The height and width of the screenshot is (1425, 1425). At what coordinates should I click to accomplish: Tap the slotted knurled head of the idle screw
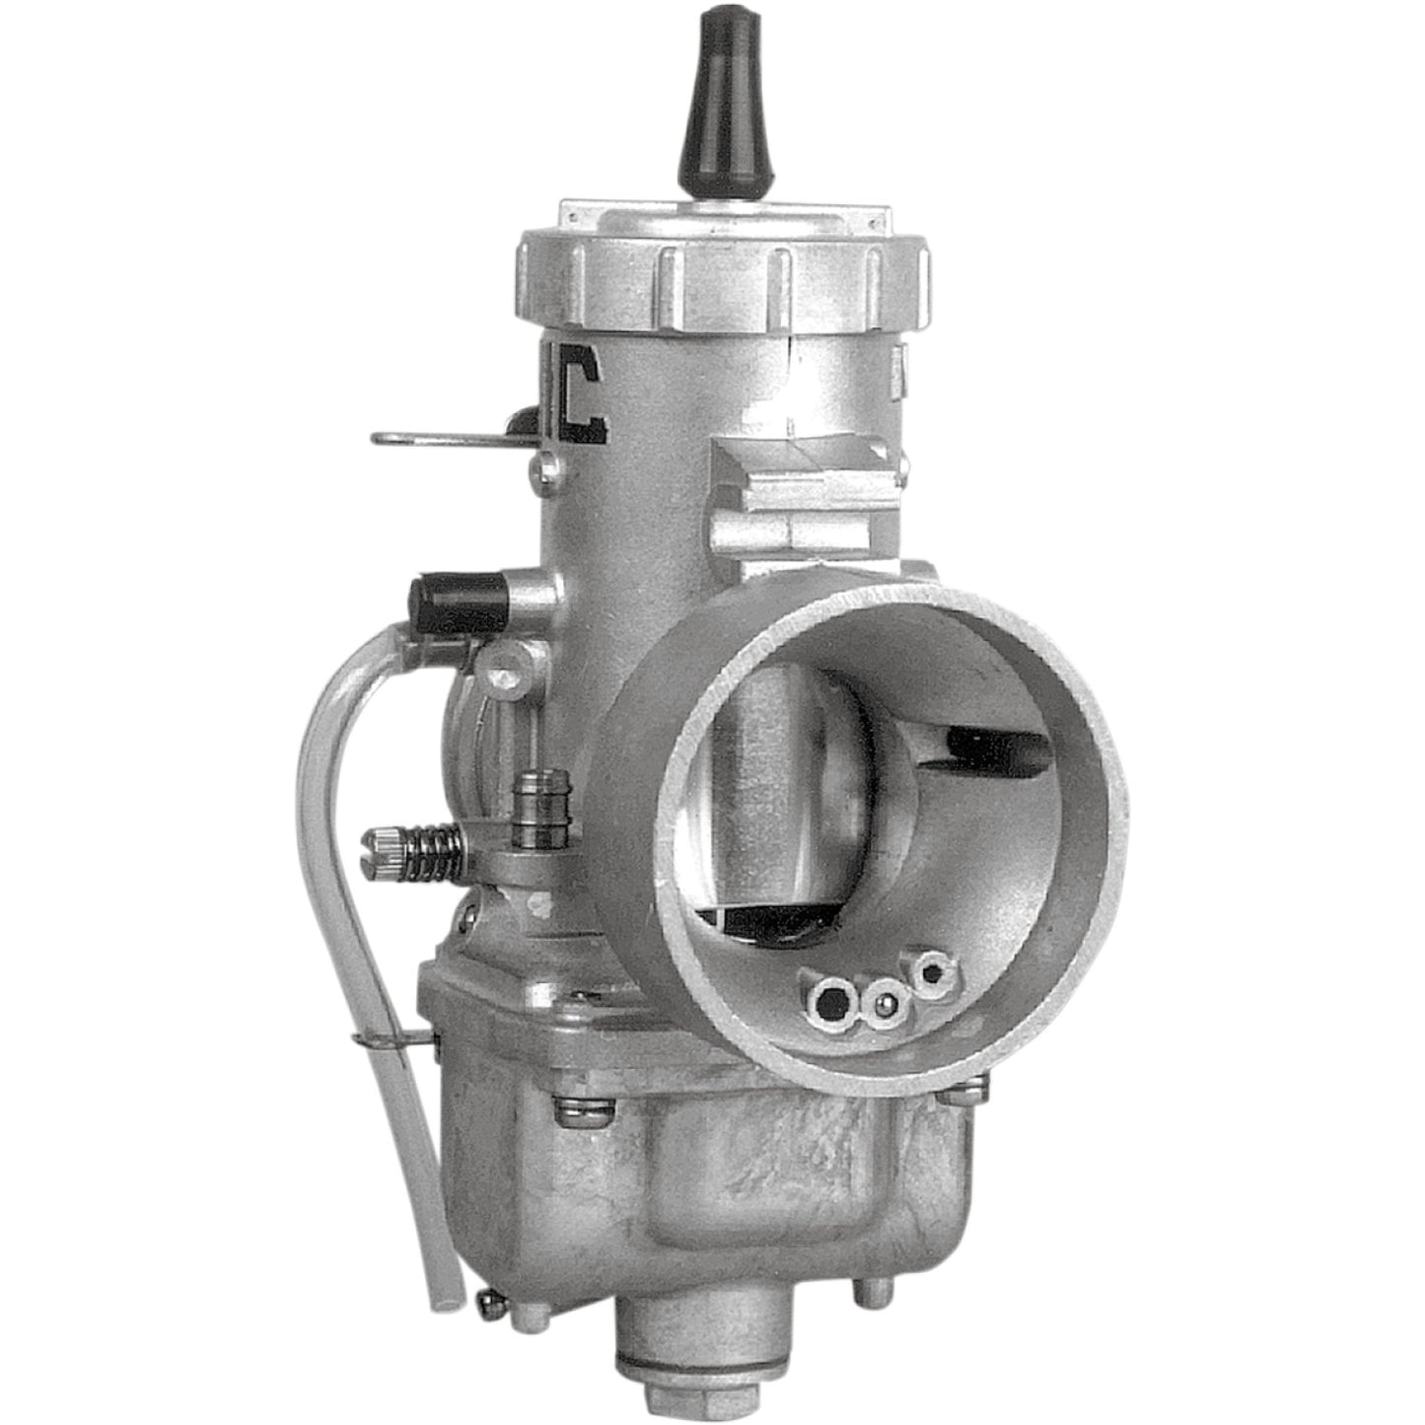pyautogui.click(x=384, y=843)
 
